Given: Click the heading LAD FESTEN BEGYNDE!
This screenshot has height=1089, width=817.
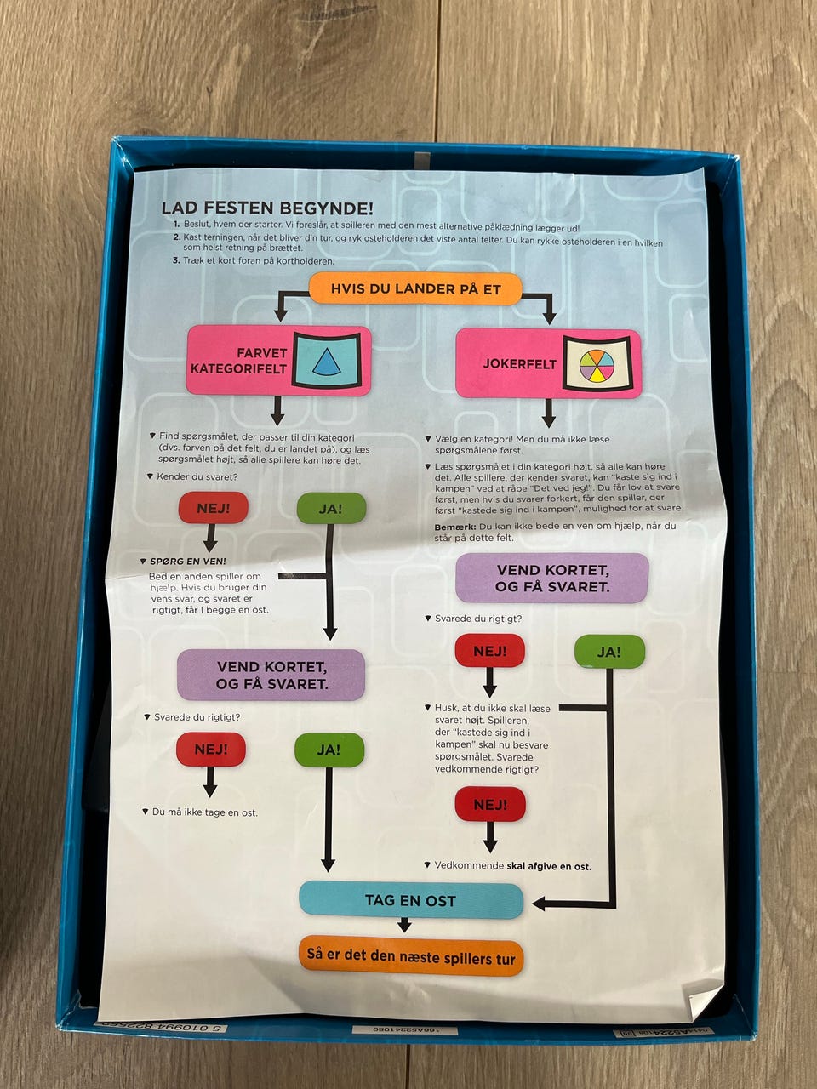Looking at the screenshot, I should [x=266, y=208].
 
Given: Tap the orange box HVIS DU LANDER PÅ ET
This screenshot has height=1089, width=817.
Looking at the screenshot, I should [x=415, y=288].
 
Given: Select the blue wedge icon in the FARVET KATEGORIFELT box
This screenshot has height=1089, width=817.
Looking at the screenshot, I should [x=327, y=361].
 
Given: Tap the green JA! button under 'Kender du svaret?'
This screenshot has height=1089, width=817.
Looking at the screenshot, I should [x=330, y=509].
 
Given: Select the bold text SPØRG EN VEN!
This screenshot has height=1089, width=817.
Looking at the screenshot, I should [x=187, y=562].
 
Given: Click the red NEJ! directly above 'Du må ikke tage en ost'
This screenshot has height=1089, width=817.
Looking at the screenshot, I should [x=211, y=750].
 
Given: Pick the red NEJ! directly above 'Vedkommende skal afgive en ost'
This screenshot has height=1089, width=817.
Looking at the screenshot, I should [x=489, y=804].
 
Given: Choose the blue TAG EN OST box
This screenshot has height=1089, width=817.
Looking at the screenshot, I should [x=410, y=900].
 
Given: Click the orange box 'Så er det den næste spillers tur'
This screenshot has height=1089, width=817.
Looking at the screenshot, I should [x=411, y=956].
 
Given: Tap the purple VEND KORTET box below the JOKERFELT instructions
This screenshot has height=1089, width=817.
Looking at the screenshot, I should [x=551, y=578].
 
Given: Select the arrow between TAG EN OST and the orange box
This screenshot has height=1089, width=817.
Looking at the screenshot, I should [x=404, y=925].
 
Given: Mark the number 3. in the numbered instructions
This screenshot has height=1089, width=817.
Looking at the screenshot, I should [x=176, y=261].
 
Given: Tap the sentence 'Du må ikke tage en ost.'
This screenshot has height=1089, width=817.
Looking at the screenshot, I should [x=204, y=812].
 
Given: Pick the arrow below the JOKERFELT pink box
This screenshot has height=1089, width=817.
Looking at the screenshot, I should [x=549, y=413].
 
